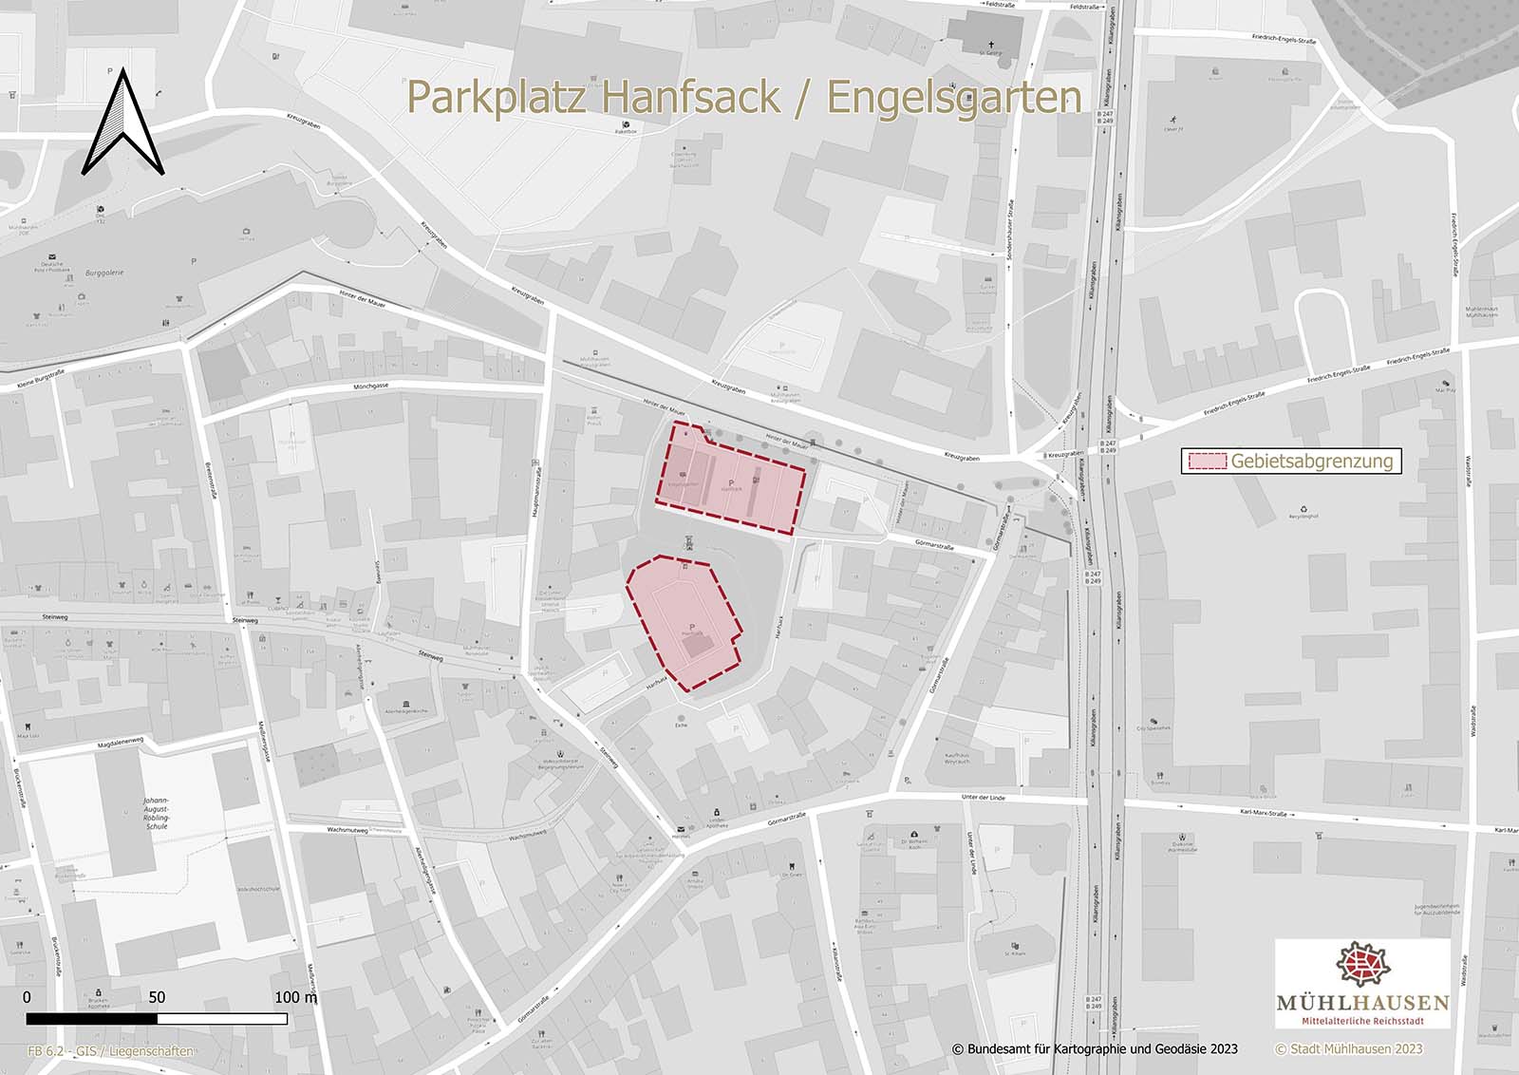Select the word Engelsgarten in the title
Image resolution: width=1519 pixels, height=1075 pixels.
(x=954, y=97)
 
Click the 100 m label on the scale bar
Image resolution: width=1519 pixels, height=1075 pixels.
(x=297, y=997)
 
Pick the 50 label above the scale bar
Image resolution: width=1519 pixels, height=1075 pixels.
(x=158, y=997)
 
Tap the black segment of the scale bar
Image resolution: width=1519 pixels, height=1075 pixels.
(x=91, y=1019)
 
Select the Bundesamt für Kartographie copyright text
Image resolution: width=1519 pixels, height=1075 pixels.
(x=1095, y=1049)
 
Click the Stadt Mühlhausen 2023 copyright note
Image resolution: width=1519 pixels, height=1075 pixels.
(x=1348, y=1049)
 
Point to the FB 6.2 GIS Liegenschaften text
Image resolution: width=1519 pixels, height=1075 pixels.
(x=111, y=1051)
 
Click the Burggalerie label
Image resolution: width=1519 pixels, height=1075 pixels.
(x=103, y=273)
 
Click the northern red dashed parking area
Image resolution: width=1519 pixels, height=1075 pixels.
(x=731, y=480)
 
